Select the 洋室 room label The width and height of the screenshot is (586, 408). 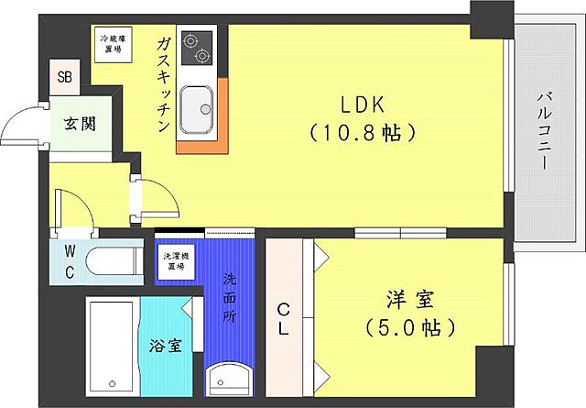tap(409, 300)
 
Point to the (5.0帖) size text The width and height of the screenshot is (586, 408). tap(409, 326)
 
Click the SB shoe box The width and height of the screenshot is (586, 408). tap(65, 77)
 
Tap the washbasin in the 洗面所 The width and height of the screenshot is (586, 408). tap(226, 380)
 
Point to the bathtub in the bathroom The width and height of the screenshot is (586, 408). tap(110, 347)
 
